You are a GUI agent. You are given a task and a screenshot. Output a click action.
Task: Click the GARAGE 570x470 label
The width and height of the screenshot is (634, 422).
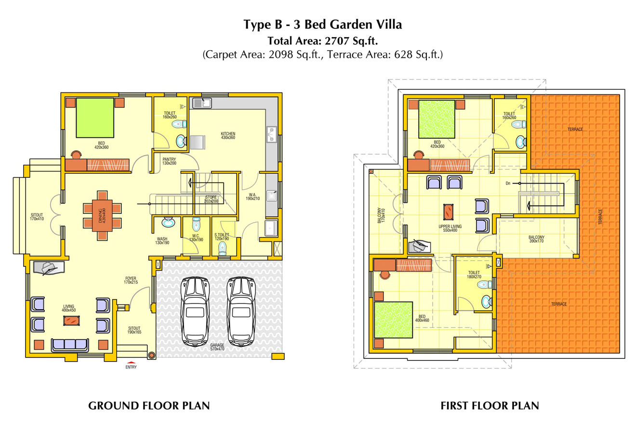pos(217,347)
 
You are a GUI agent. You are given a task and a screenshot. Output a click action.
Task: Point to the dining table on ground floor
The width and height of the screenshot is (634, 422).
pos(102,215)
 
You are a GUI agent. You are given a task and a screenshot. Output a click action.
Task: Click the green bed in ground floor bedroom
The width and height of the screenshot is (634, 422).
pos(95,118)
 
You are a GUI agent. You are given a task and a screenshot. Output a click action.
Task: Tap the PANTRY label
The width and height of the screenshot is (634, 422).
pos(169,161)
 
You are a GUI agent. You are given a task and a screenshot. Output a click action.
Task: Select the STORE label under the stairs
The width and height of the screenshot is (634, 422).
pos(211,199)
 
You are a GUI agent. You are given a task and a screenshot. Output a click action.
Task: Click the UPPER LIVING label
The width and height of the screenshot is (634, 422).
pos(450,228)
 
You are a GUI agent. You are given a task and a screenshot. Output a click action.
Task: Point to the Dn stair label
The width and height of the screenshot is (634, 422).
pos(508,183)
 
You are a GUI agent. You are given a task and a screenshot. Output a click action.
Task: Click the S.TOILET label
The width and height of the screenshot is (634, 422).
pos(222,237)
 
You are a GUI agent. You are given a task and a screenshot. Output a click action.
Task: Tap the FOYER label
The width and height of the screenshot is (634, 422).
pos(131,279)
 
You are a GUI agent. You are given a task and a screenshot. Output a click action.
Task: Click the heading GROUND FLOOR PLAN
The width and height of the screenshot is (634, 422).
pos(149,406)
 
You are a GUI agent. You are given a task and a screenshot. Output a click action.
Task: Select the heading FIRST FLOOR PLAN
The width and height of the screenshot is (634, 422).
pos(489,406)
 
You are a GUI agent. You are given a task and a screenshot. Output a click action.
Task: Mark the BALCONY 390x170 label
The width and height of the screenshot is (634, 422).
pos(536,239)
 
